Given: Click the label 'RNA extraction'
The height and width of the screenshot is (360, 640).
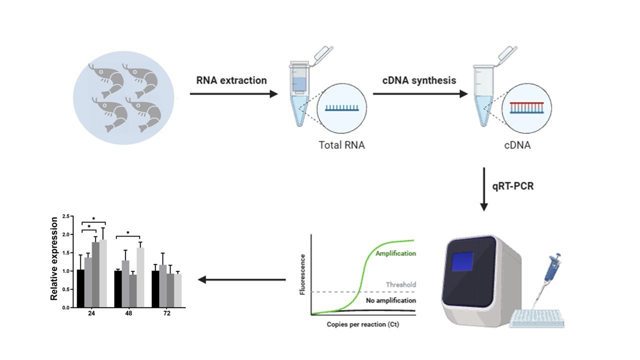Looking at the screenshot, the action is [x=231, y=80].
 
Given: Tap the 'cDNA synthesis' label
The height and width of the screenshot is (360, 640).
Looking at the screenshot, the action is [x=419, y=80].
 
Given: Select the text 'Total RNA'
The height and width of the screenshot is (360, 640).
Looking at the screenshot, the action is [x=341, y=145].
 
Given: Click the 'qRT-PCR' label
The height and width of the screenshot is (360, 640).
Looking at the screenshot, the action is [x=513, y=186].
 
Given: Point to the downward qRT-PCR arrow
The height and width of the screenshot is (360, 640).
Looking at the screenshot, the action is [x=483, y=189].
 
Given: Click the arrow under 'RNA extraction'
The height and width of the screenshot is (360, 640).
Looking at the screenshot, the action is [x=233, y=93].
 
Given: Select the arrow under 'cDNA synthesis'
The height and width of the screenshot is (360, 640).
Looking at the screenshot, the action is [x=420, y=93].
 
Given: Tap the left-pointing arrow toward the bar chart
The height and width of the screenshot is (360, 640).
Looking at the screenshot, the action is [x=241, y=279].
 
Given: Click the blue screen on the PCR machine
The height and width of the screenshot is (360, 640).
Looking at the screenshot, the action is [x=462, y=261].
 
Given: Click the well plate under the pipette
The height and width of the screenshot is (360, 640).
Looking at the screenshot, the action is [x=537, y=318].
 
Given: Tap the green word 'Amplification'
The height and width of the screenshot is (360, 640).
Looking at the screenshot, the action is [x=395, y=253].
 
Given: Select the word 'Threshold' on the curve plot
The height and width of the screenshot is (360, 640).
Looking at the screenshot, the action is [x=401, y=284].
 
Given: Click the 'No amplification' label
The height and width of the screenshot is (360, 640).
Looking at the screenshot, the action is [x=391, y=300].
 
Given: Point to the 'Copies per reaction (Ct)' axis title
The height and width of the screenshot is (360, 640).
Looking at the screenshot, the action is [x=363, y=324].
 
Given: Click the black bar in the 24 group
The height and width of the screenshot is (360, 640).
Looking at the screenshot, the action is [x=80, y=288].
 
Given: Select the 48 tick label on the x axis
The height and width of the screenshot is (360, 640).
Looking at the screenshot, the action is [x=128, y=313].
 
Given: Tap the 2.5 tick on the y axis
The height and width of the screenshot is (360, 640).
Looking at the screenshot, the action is [x=66, y=216].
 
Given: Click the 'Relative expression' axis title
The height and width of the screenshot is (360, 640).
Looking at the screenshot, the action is [x=54, y=258].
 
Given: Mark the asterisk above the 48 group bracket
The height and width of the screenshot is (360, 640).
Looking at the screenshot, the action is [x=127, y=233].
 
